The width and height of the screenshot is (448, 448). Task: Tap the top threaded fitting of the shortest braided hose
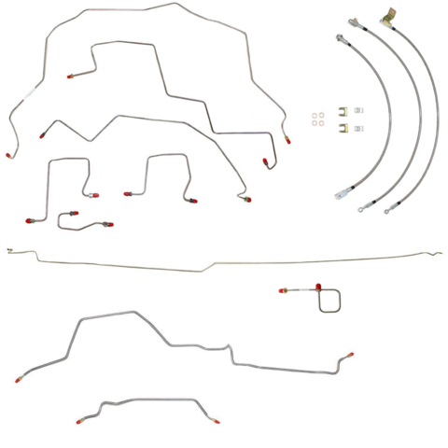pyautogui.click(x=342, y=37)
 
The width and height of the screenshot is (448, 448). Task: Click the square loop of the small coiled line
pyautogui.click(x=333, y=301)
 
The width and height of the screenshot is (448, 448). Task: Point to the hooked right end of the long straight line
pyautogui.click(x=437, y=252)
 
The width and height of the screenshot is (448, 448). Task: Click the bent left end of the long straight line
pyautogui.click(x=8, y=250)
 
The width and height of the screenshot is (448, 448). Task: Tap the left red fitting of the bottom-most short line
pyautogui.click(x=79, y=422)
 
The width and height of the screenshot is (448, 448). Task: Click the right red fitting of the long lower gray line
pyautogui.click(x=351, y=355)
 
